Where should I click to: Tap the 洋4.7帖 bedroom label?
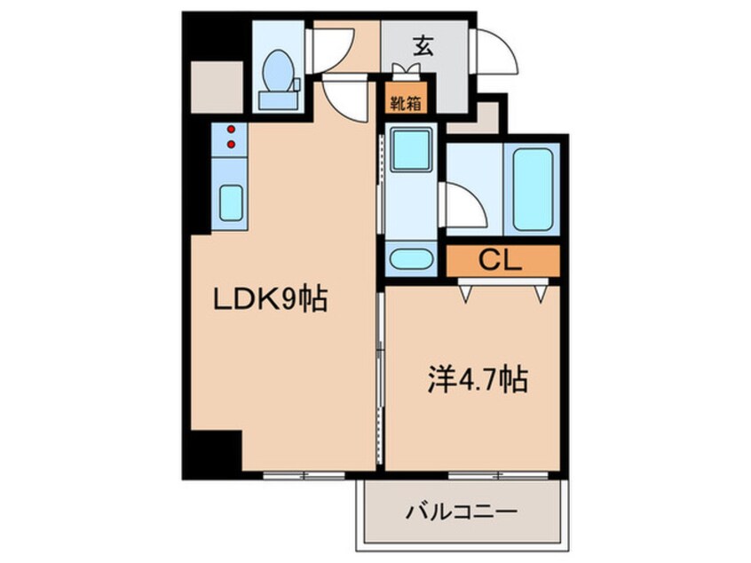(x=473, y=382)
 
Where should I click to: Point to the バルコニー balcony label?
(x=462, y=512)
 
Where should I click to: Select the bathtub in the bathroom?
(x=533, y=189)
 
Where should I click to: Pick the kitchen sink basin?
(x=232, y=203)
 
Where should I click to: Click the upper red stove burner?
(x=232, y=129)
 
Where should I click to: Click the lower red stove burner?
(x=232, y=144)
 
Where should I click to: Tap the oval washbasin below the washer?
(x=411, y=261)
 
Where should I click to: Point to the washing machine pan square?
(x=411, y=149)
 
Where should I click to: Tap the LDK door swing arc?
(x=346, y=98)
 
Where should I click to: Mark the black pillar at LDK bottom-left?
(x=216, y=451)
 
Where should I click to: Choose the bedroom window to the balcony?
(x=483, y=475)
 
